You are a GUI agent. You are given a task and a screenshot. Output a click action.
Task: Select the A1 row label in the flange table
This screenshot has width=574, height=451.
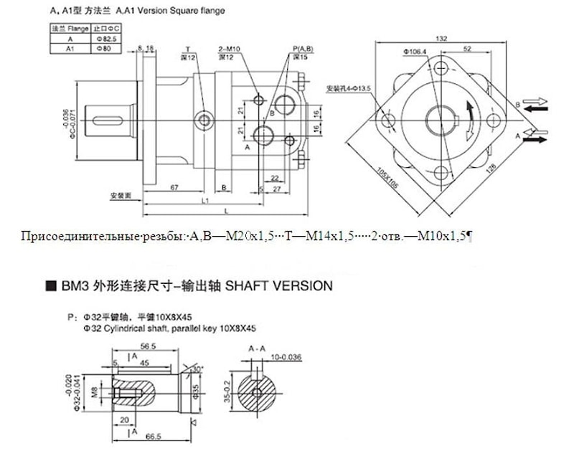click(70, 48)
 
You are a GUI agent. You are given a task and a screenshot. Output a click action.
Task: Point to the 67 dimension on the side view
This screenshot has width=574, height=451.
click(174, 187)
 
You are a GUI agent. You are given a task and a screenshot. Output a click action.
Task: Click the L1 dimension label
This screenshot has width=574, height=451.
click(205, 201)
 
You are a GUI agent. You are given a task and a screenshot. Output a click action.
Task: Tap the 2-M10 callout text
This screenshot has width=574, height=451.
click(227, 49)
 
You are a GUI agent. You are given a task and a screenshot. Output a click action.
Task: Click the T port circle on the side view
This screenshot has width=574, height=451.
click(207, 118)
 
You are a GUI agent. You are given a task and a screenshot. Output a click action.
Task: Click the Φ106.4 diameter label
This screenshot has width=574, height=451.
click(415, 52)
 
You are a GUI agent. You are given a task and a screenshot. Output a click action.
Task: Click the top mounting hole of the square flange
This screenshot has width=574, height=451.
click(441, 69)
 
